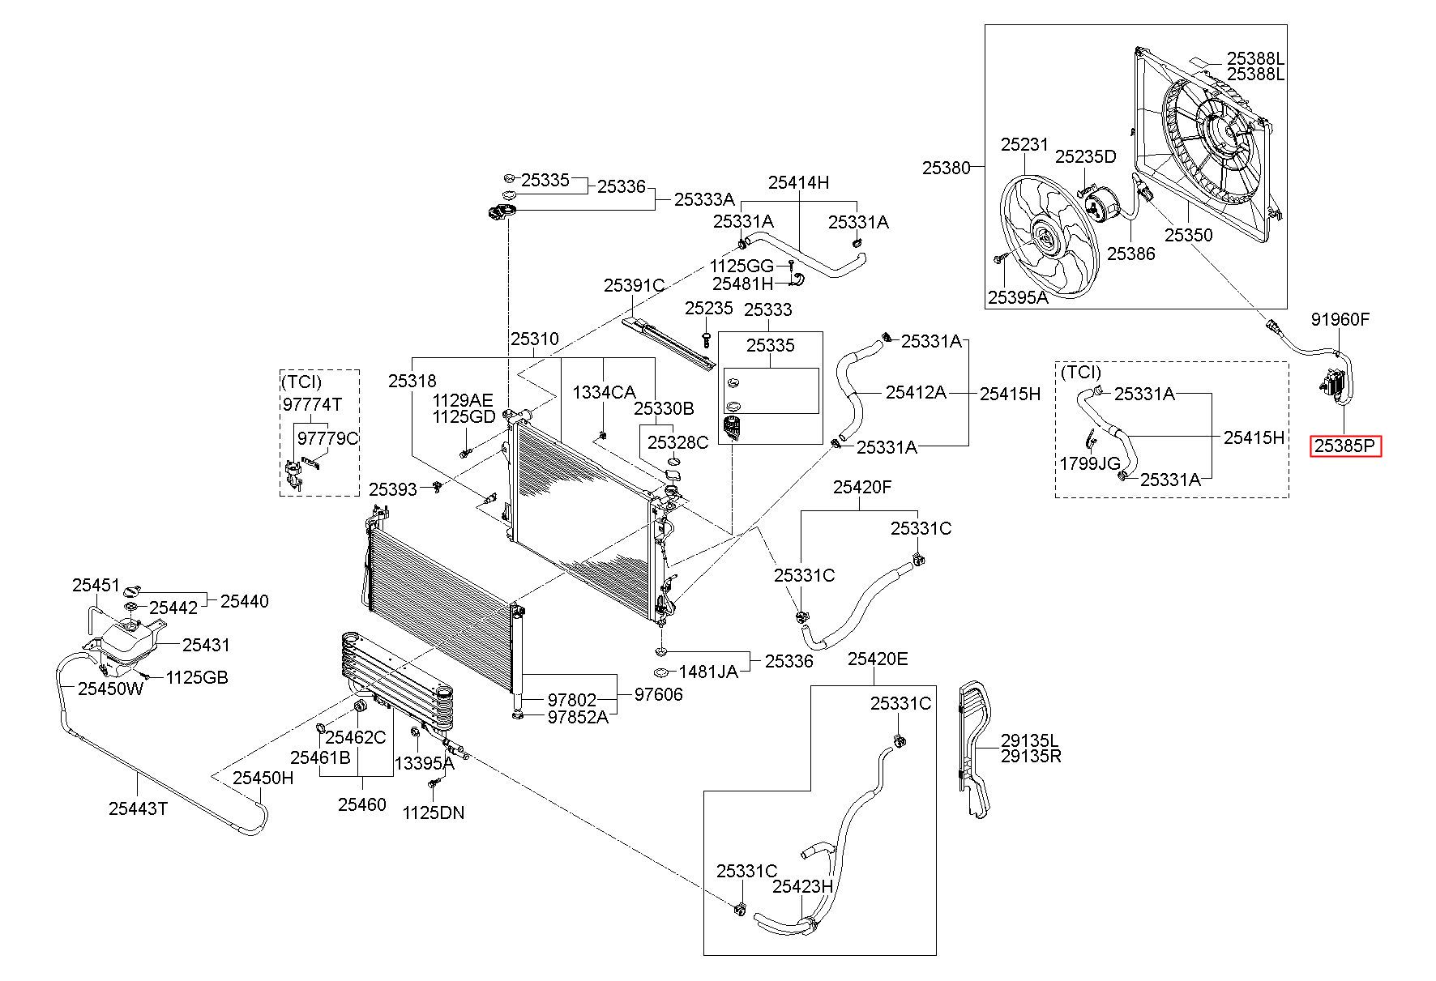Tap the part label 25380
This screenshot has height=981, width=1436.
[x=946, y=168]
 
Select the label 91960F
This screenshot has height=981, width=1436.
[x=1340, y=319]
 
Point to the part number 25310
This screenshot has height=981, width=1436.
[x=534, y=339]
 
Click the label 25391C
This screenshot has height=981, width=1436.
[x=634, y=285]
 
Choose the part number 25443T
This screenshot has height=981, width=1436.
[x=138, y=808]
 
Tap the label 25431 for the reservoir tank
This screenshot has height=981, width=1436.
[x=206, y=645]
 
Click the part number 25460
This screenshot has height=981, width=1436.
[x=361, y=804]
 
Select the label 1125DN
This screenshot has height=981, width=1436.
[x=434, y=813]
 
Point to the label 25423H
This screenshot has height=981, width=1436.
[x=802, y=886]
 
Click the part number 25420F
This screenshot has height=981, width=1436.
[x=862, y=487]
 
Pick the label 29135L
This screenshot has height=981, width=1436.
[x=1030, y=740]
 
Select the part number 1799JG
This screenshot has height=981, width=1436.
[x=1090, y=463]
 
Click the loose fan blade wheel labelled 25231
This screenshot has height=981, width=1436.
[x=1045, y=235]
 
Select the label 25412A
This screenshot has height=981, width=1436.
[x=916, y=392]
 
